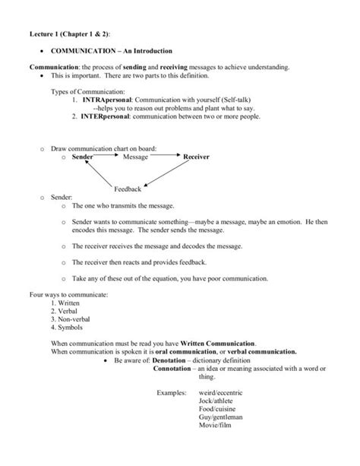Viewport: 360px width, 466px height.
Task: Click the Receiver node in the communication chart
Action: tap(197, 157)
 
